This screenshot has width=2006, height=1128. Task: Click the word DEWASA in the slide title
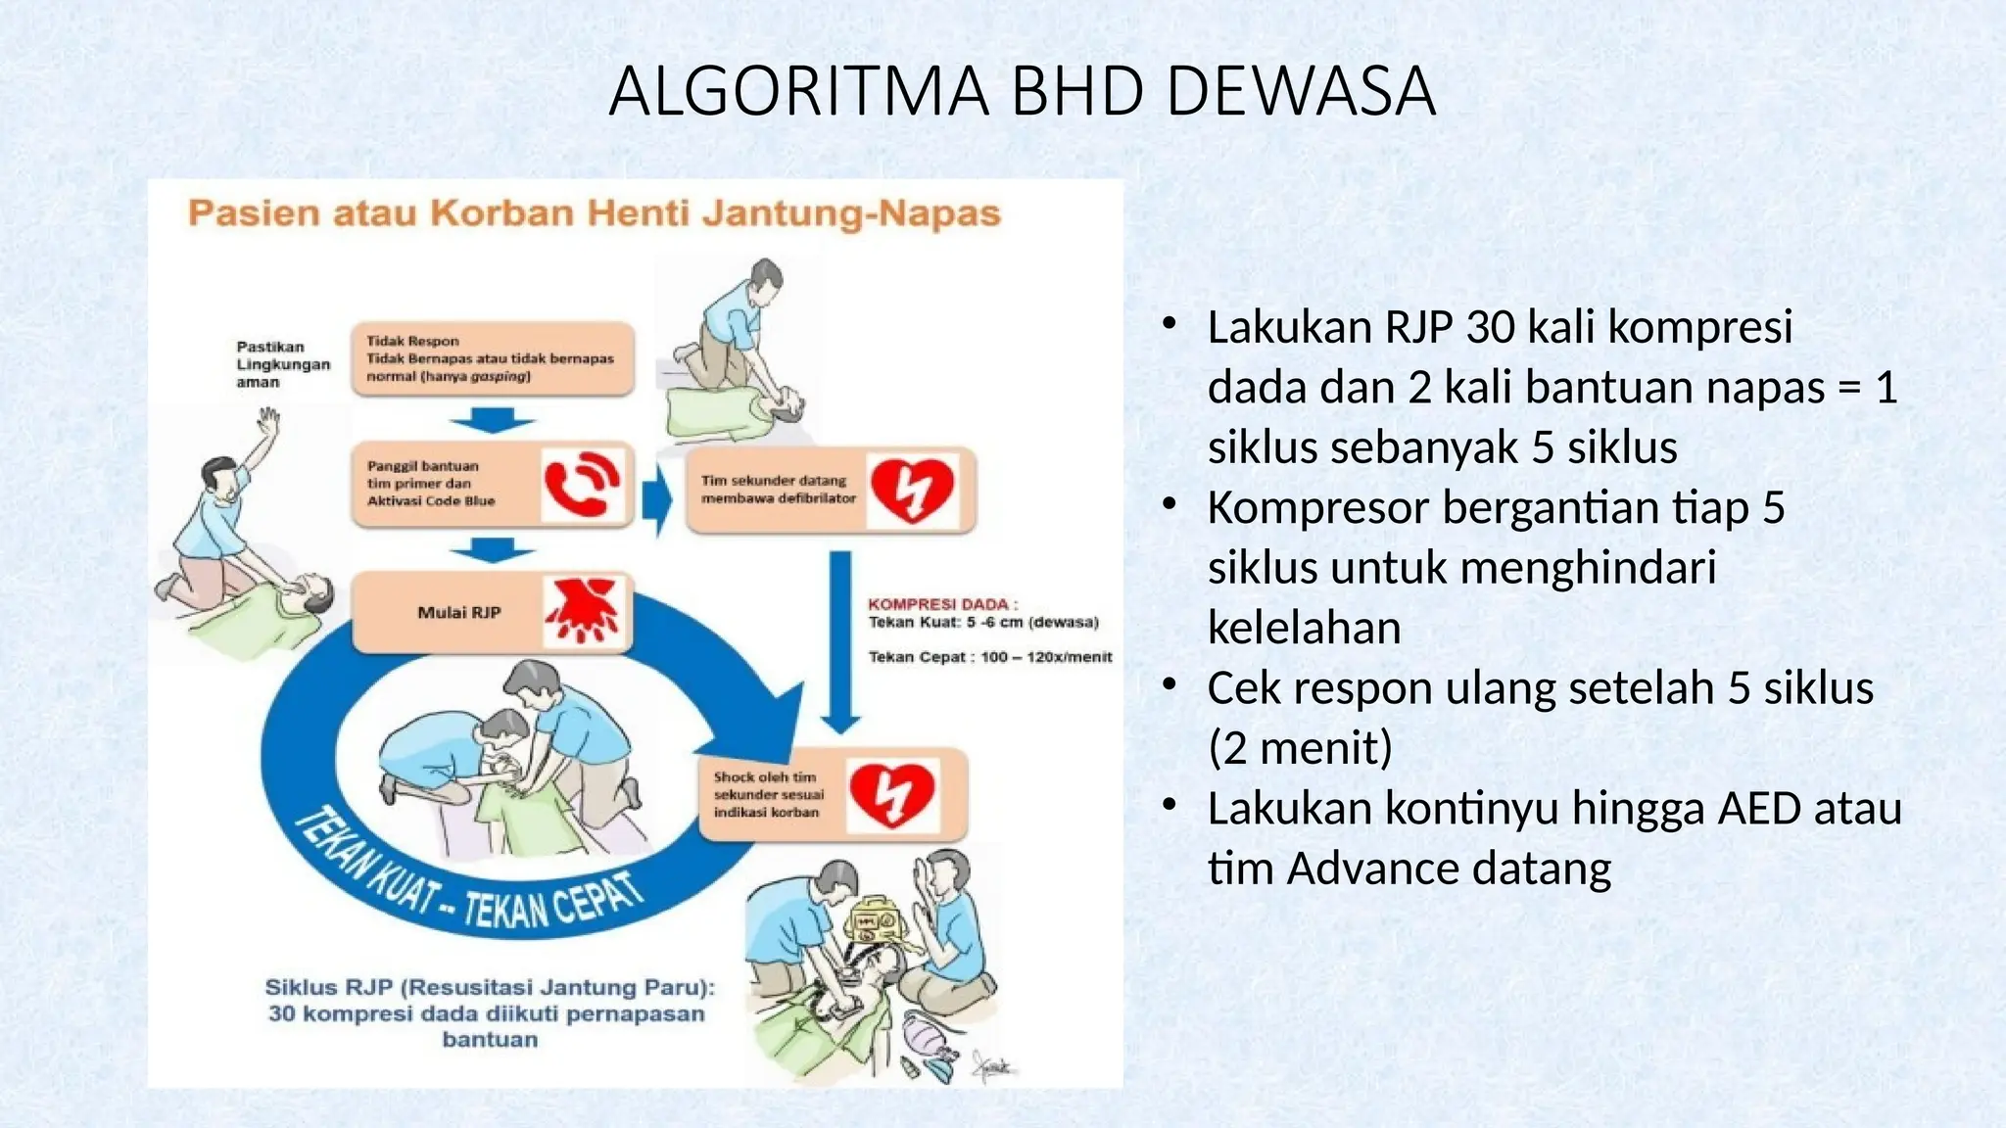pyautogui.click(x=1300, y=92)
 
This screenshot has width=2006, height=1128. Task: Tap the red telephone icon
pyautogui.click(x=581, y=484)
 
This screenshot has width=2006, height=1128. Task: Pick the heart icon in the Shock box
pyautogui.click(x=891, y=795)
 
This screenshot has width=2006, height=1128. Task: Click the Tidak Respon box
pyautogui.click(x=492, y=359)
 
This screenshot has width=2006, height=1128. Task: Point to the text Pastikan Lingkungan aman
pyautogui.click(x=281, y=364)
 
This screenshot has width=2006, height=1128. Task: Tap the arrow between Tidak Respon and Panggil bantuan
pyautogui.click(x=492, y=422)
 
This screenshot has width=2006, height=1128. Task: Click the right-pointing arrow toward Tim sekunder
pyautogui.click(x=657, y=500)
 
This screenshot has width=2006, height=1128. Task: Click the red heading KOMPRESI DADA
pyautogui.click(x=942, y=604)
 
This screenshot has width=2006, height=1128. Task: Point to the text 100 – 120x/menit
pyautogui.click(x=1045, y=657)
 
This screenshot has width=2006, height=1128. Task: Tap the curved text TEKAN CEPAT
pyautogui.click(x=553, y=902)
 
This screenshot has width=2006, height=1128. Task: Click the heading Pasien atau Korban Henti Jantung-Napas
pyautogui.click(x=594, y=213)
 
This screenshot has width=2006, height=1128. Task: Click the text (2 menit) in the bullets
pyautogui.click(x=1300, y=749)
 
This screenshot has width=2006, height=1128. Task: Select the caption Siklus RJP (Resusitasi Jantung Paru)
pyautogui.click(x=490, y=988)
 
